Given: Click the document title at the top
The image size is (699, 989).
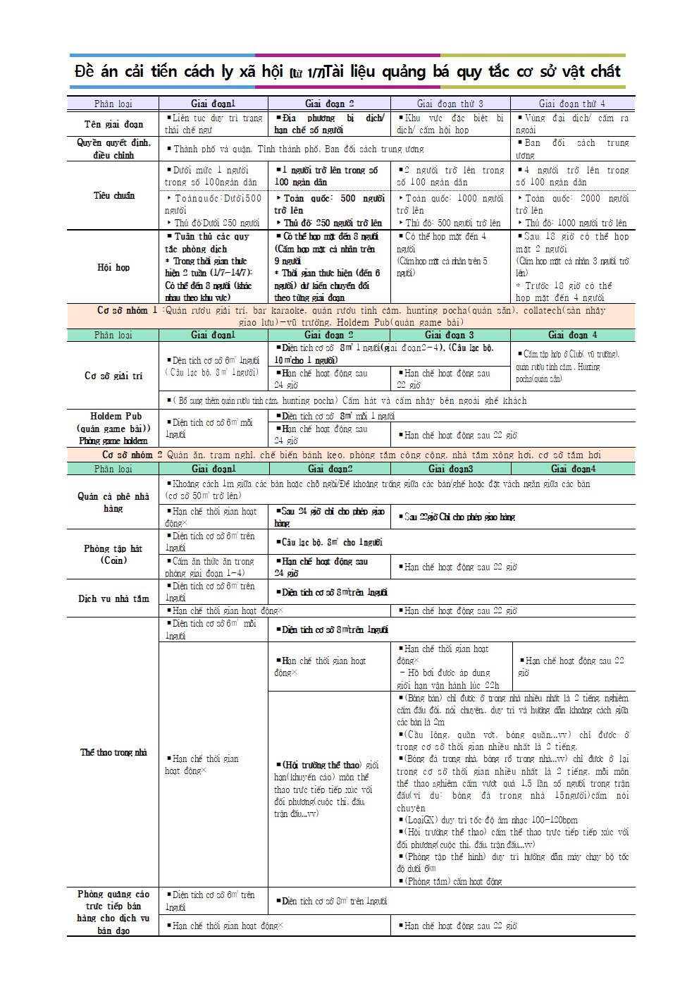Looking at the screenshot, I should coord(348,71).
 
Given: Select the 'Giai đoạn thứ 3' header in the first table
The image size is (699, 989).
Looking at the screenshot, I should coord(450,104).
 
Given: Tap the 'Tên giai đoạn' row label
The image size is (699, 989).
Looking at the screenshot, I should coord(113,124).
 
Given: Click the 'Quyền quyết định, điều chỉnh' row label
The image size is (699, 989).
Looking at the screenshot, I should coord(113,149).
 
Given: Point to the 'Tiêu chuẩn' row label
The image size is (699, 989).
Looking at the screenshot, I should coord(113,195).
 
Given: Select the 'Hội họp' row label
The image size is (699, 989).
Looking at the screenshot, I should coord(113,267).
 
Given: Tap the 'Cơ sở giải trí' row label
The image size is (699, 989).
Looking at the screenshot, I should coord(113,376).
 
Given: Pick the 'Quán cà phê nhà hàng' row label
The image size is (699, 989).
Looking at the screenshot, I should coord(113,502).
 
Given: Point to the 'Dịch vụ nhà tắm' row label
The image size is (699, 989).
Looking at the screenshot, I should coord(113,598).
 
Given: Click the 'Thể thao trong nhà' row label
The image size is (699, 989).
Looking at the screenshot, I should coord(113,752).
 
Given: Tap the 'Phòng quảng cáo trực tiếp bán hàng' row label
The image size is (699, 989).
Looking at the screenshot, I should coord(113,912).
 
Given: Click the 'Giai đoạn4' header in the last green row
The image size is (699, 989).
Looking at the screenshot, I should coord(573,469).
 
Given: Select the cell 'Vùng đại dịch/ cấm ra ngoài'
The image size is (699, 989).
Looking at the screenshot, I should coord(572,124).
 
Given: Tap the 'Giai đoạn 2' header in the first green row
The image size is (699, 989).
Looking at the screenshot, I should coord(329,335).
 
